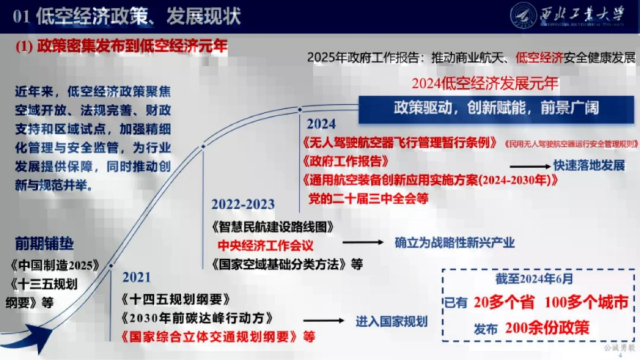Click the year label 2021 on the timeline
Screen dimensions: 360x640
[x=137, y=277]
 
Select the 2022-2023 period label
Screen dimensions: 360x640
[x=243, y=204]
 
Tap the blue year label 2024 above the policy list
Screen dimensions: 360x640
[x=321, y=124]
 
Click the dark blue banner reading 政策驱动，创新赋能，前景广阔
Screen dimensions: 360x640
[x=496, y=108]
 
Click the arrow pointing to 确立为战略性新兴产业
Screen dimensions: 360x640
[x=363, y=243]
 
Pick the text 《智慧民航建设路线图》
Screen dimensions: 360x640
[x=271, y=226]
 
